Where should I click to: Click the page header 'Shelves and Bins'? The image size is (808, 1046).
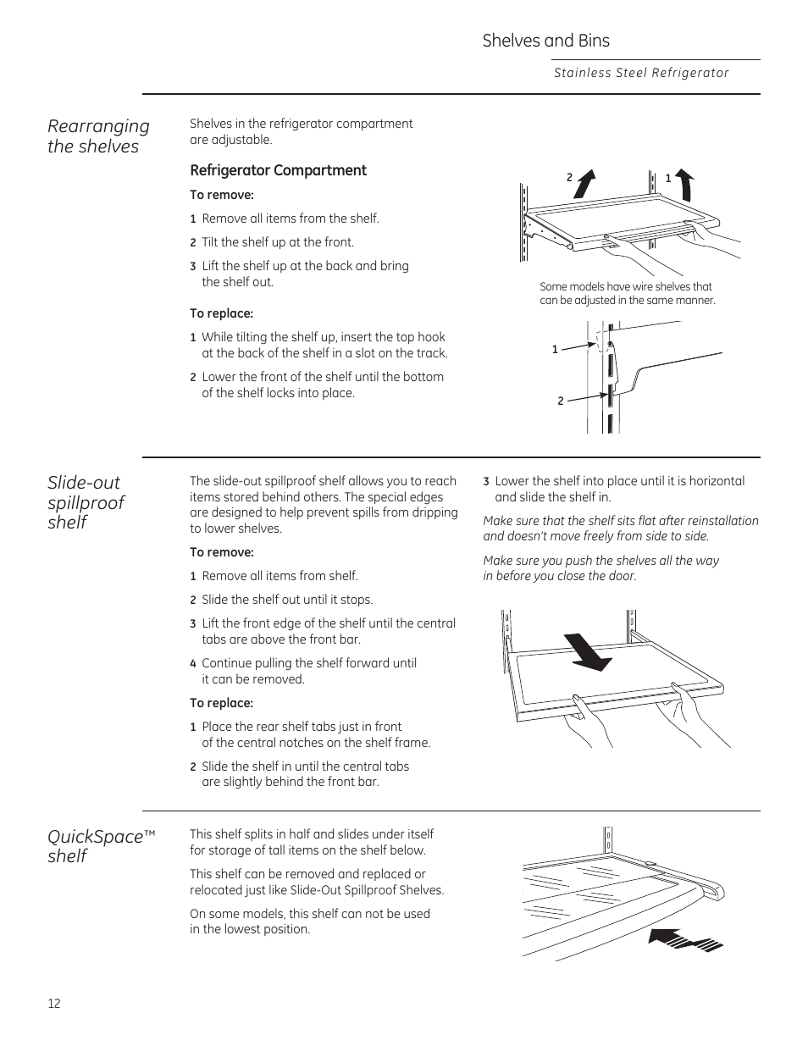tap(545, 41)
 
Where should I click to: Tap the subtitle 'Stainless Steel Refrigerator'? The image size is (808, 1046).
tap(641, 73)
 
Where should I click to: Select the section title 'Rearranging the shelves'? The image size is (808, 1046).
tap(98, 136)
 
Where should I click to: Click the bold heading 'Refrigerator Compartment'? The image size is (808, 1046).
tap(278, 170)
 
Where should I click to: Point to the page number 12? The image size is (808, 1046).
tap(54, 1004)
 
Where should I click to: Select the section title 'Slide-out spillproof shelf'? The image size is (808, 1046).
tap(86, 502)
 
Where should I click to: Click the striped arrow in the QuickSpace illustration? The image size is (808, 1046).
tap(684, 940)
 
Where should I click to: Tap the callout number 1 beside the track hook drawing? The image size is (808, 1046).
tap(555, 349)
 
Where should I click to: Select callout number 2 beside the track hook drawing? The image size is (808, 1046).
tap(560, 401)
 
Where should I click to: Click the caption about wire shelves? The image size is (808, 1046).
tap(627, 293)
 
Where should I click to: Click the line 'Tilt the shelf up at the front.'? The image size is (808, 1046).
tap(278, 242)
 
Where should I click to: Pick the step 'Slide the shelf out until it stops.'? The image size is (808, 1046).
tap(287, 600)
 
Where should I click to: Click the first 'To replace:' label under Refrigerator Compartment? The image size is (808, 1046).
tap(221, 313)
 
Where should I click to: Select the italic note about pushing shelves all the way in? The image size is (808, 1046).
tap(600, 568)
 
